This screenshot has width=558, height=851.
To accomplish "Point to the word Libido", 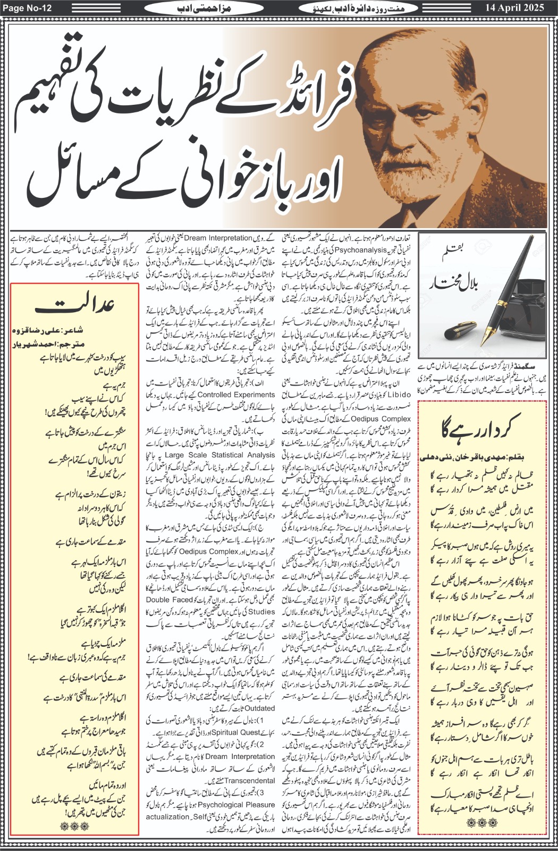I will point(398,395).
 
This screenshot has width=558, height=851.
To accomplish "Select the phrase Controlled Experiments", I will point(236,395).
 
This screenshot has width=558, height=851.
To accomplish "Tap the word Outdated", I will point(260,708).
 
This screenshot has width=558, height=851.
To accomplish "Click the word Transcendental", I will point(250,781).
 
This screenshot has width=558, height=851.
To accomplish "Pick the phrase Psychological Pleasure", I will point(237,805).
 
